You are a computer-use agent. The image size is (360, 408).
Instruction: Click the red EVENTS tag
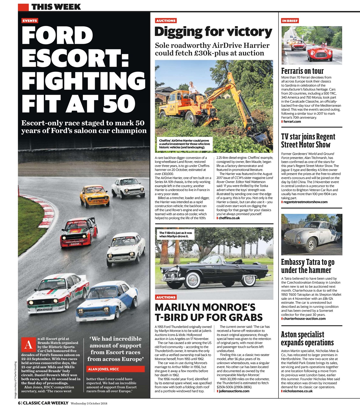[30, 21]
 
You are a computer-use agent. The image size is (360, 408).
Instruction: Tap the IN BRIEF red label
[290, 21]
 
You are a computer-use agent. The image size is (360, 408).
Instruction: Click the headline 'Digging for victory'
[213, 32]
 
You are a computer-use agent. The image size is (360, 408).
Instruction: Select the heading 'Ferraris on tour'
[302, 71]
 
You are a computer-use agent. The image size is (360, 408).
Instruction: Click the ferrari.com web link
[292, 121]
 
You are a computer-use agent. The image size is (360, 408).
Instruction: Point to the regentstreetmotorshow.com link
[305, 202]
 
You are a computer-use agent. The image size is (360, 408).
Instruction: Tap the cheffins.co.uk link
[229, 218]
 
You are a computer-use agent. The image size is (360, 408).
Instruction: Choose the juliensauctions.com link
[234, 391]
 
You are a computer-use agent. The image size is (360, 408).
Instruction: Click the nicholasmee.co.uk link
[298, 391]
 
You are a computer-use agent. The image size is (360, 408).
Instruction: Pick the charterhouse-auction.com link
[304, 318]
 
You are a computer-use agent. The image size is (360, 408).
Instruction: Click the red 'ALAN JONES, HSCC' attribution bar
[115, 369]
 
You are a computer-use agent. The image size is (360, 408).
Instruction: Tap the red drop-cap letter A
[28, 345]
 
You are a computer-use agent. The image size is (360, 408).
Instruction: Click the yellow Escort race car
[94, 196]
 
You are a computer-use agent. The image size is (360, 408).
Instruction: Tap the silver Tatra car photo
[311, 235]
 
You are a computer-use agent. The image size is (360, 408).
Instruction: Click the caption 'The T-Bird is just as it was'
[176, 235]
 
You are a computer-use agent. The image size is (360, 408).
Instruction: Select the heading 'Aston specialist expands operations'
[307, 339]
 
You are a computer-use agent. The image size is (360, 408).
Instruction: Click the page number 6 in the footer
[19, 403]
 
